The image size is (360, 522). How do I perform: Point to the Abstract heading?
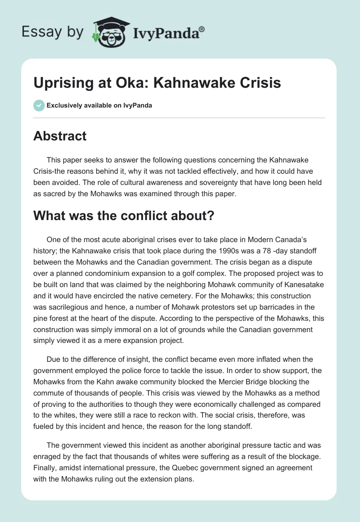(59, 135)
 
